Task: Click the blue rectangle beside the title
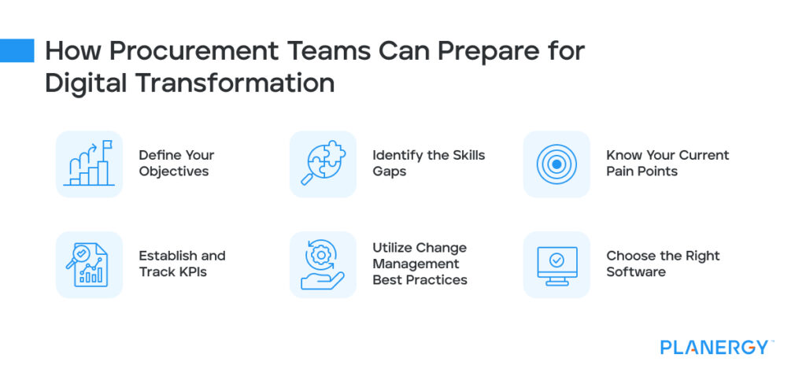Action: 17,50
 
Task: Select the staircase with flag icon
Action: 89,164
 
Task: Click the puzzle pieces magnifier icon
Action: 323,164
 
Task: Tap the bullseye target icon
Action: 556,164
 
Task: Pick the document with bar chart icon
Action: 89,264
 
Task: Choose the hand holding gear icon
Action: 323,264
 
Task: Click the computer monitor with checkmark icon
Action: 556,264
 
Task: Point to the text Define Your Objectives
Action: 176,163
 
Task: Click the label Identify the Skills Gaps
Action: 428,163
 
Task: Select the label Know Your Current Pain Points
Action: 667,163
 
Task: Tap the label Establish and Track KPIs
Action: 182,264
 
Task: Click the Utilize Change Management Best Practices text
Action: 420,264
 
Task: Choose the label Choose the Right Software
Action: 663,264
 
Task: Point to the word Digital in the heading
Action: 82,82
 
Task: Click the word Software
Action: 636,271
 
